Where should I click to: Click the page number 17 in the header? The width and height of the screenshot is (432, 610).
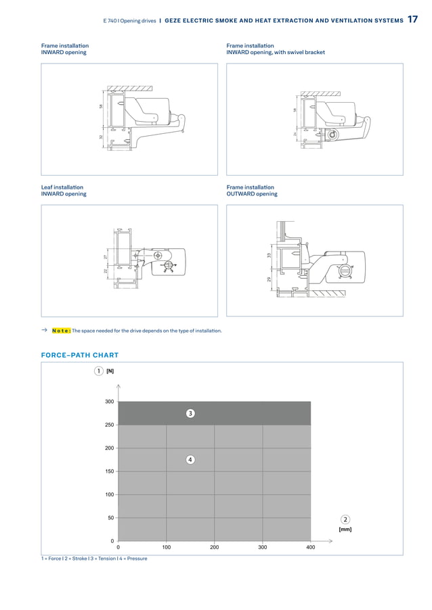pos(412,20)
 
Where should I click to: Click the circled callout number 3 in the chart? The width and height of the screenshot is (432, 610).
pos(190,413)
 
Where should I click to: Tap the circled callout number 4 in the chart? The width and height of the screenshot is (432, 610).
pos(190,460)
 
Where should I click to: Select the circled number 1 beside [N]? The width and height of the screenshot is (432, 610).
pos(99,371)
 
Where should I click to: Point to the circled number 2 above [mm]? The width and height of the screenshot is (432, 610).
pos(345,519)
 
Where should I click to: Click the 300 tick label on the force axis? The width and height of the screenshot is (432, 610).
pos(109,402)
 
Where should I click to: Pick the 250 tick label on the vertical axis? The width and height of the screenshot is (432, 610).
pos(109,425)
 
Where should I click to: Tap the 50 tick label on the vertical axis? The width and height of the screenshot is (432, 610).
pos(110,518)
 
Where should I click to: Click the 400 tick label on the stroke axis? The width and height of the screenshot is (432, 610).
pos(310,546)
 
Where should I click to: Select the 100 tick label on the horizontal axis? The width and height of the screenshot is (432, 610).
pos(166,546)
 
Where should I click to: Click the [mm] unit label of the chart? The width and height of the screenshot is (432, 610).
pos(345,530)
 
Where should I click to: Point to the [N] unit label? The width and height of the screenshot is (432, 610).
pos(110,371)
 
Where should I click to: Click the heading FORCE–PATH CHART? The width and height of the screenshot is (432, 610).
pos(80,355)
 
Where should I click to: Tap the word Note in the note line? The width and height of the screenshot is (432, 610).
pos(60,331)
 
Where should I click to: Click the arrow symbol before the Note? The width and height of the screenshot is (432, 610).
pos(44,330)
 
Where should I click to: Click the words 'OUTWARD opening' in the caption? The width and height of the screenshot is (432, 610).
pos(252,194)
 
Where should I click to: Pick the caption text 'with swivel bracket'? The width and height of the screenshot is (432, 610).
pos(302,52)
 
